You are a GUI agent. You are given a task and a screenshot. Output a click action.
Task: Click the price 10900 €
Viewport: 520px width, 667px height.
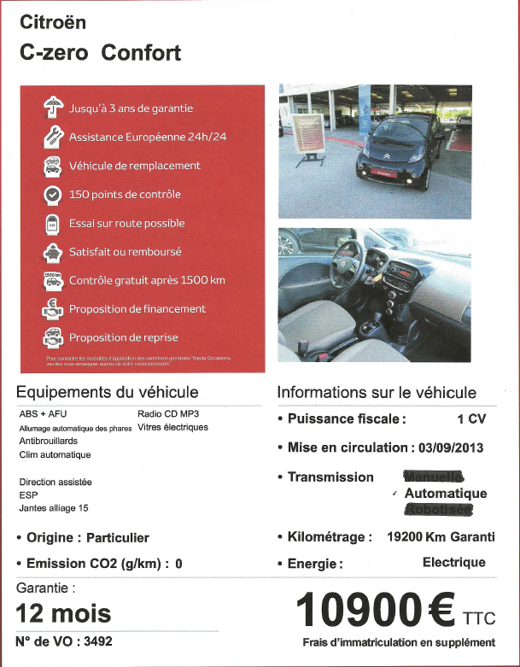(x=375, y=611)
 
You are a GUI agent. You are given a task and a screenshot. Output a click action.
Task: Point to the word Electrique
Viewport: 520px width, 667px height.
(x=453, y=562)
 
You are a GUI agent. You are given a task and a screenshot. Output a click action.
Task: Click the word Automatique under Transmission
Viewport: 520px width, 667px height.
(x=446, y=494)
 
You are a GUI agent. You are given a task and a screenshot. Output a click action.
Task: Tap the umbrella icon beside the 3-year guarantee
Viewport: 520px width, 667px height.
(x=52, y=108)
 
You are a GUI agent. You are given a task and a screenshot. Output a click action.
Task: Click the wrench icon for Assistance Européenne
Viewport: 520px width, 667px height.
(x=52, y=137)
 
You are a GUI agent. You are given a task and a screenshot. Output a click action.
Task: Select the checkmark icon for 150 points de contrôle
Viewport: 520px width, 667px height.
(x=52, y=195)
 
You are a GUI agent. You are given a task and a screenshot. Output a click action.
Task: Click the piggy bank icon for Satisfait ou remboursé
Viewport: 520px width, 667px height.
(x=52, y=253)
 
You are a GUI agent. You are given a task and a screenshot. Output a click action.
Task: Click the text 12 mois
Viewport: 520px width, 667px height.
(x=63, y=612)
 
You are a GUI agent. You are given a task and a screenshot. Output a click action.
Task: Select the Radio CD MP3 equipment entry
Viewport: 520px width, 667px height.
(x=167, y=413)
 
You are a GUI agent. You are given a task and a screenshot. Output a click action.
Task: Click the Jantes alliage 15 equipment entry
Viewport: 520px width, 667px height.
(x=53, y=508)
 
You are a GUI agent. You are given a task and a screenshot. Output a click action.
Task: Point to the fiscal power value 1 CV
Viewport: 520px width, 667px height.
(x=471, y=419)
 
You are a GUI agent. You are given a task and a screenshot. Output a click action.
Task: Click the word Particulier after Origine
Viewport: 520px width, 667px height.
(x=119, y=538)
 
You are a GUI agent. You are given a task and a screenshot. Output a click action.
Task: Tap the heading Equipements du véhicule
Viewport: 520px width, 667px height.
(x=108, y=392)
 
